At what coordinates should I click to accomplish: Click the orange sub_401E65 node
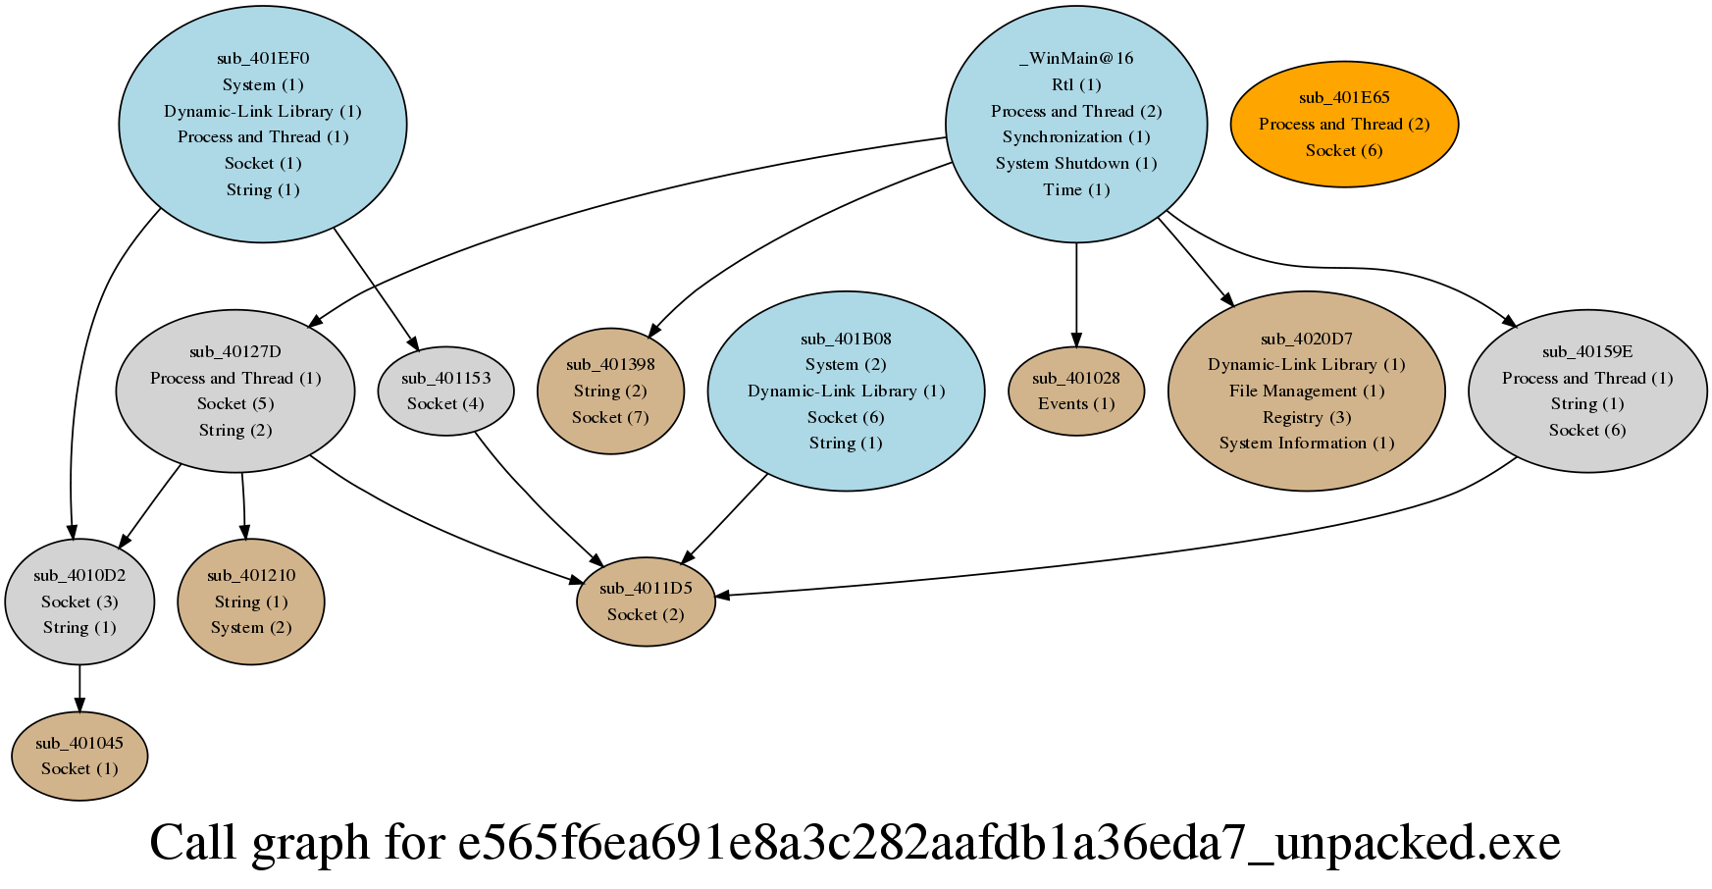1343,124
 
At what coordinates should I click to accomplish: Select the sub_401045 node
79,756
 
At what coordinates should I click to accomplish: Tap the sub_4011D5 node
646,601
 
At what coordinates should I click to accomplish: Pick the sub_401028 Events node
1076,391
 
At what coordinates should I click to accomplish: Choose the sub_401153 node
445,391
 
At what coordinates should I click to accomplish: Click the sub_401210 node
251,601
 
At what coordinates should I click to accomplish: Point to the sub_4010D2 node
79,601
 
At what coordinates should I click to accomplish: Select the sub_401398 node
610,391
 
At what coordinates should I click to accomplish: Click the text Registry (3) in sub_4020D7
1306,417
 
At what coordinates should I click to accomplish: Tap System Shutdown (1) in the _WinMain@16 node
1076,163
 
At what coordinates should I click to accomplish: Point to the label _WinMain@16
1076,58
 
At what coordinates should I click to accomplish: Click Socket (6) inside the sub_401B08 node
846,417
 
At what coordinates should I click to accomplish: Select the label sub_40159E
1586,351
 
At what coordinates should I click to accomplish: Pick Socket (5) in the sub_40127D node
235,403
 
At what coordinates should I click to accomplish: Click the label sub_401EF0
263,58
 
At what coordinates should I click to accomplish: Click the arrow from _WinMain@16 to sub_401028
1076,294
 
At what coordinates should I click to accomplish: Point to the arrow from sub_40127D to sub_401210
243,506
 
